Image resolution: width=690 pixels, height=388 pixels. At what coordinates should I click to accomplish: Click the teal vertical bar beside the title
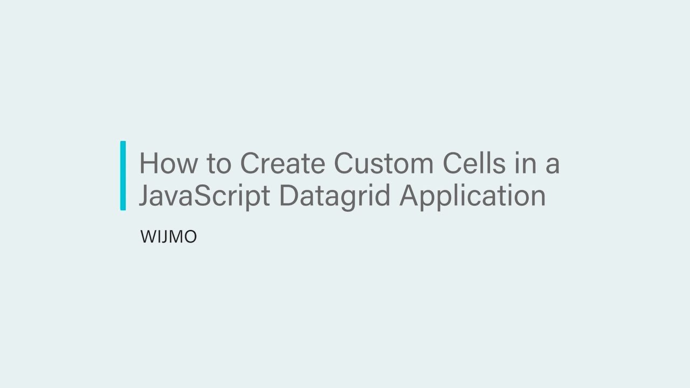point(123,175)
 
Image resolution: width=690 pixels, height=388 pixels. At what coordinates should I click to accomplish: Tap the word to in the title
point(218,164)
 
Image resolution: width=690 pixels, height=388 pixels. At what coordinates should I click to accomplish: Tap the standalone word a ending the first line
point(552,165)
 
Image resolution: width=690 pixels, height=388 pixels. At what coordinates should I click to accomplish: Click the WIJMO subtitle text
point(168,237)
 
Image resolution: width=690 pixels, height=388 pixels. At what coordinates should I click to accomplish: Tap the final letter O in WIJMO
point(190,237)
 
